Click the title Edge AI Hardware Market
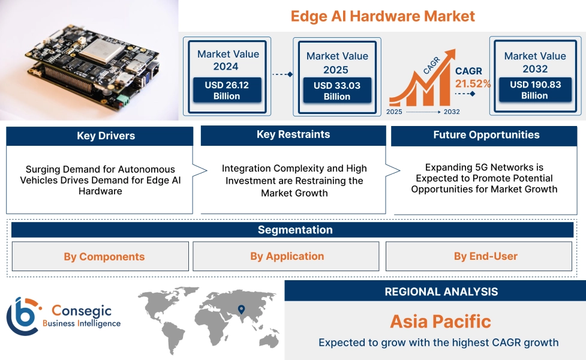pos(383,16)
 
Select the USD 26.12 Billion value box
pos(227,91)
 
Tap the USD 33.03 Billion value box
pos(337,91)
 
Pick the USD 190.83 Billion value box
pos(535,90)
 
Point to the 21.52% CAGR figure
pos(473,84)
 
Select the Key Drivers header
pos(100,136)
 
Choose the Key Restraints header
pos(293,134)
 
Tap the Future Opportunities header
pos(486,135)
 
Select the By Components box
pos(100,257)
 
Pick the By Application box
pos(286,256)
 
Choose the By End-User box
pos(479,256)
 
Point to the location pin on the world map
pos(241,310)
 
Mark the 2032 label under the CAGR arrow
pos(452,112)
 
